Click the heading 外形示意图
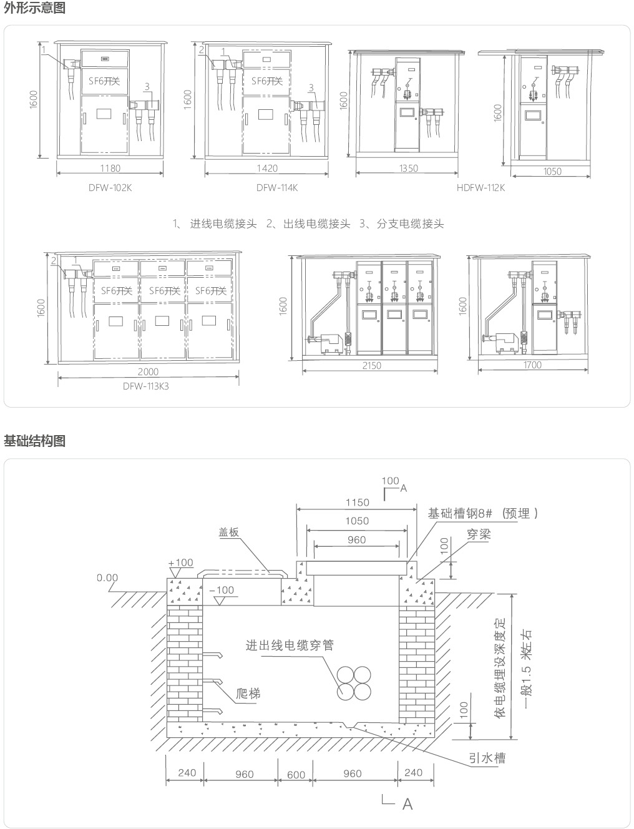pyautogui.click(x=34, y=8)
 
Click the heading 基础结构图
pyautogui.click(x=34, y=441)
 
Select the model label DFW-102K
pyautogui.click(x=110, y=187)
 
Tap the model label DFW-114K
pyautogui.click(x=276, y=187)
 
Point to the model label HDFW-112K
pyautogui.click(x=480, y=187)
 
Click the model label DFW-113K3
pyautogui.click(x=145, y=386)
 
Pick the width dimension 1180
pyautogui.click(x=110, y=168)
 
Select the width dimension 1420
pyautogui.click(x=267, y=168)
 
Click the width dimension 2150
pyautogui.click(x=371, y=366)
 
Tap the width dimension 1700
pyautogui.click(x=533, y=365)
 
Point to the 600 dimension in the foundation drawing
pyautogui.click(x=296, y=775)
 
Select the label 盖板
pyautogui.click(x=228, y=532)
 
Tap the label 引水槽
pyautogui.click(x=487, y=758)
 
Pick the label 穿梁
pyautogui.click(x=479, y=534)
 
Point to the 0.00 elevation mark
pyautogui.click(x=107, y=578)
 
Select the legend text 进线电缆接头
pyautogui.click(x=223, y=224)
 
